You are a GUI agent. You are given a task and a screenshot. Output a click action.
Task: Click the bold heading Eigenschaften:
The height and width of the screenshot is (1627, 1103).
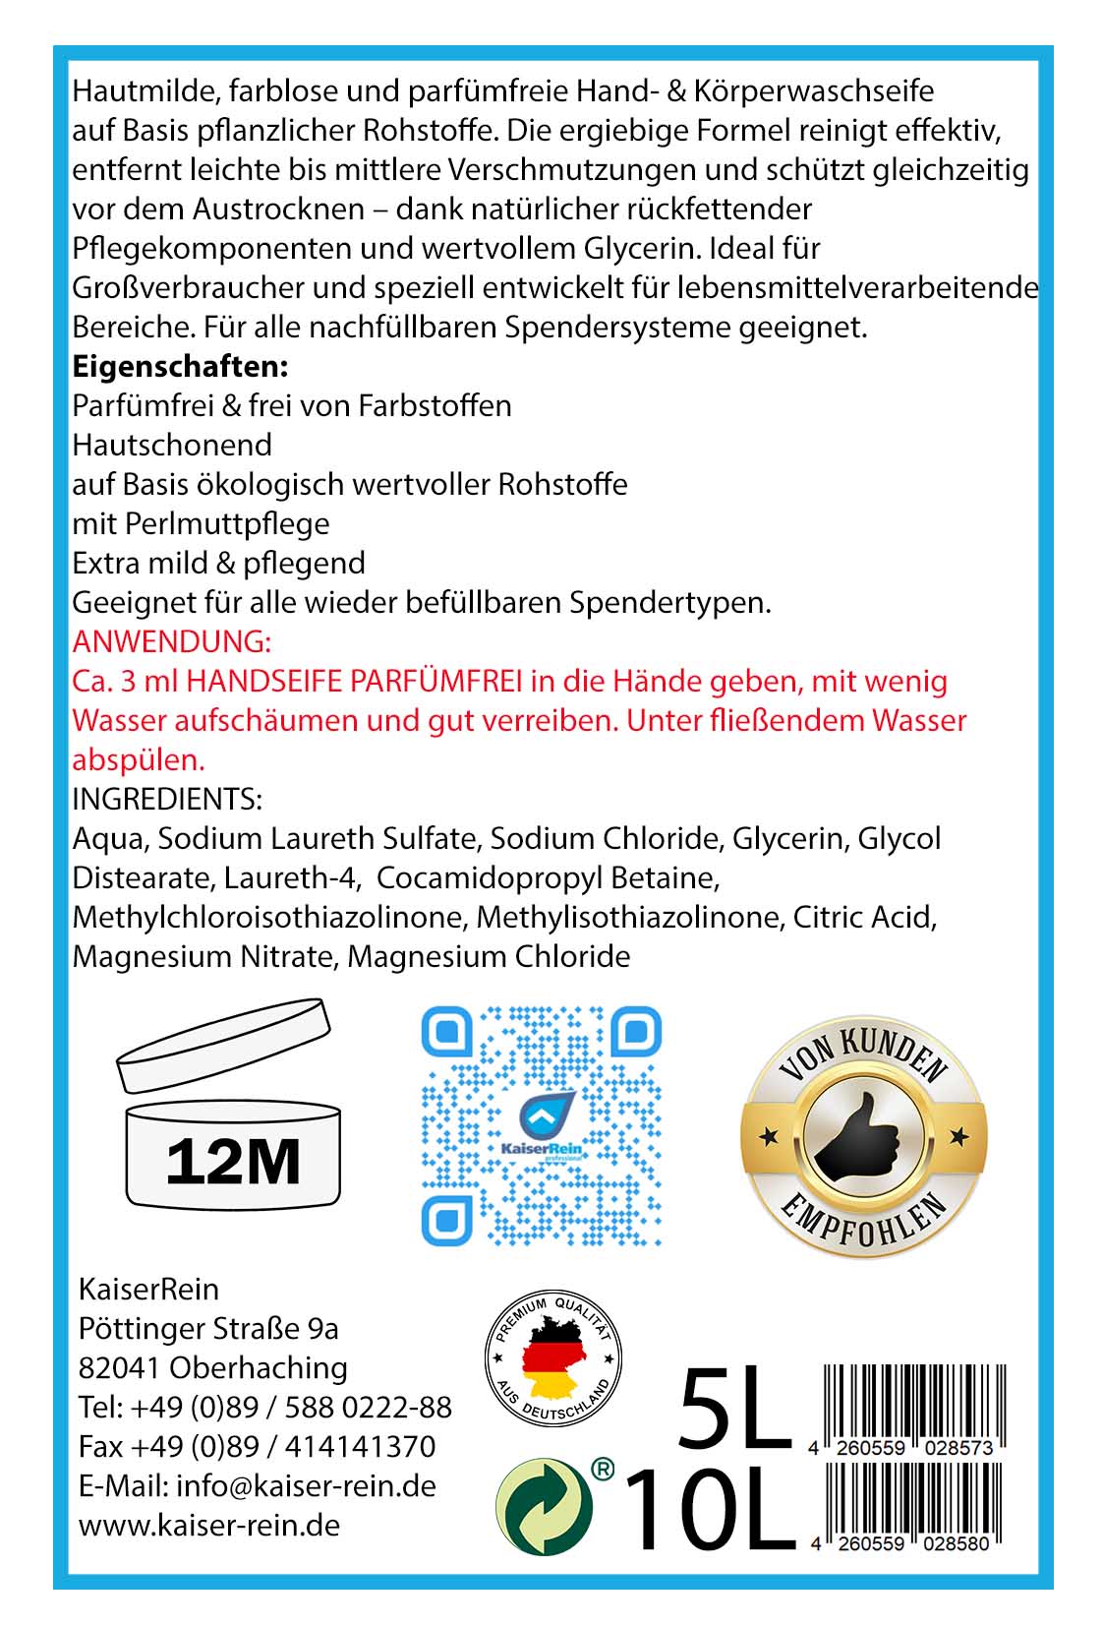point(180,367)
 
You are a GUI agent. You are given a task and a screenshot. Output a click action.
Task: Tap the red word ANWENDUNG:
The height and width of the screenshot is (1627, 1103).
point(171,642)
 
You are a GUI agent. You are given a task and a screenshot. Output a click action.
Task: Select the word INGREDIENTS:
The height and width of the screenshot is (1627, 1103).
point(167,799)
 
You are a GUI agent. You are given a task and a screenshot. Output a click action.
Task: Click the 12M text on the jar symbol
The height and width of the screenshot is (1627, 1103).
point(233,1162)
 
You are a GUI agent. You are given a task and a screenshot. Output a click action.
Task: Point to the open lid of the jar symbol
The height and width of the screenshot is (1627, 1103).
point(222,1044)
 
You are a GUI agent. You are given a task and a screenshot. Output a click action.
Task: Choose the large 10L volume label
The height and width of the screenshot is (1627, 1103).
point(709,1510)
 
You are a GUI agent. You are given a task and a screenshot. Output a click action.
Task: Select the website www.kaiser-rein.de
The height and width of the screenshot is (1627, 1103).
point(209,1525)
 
